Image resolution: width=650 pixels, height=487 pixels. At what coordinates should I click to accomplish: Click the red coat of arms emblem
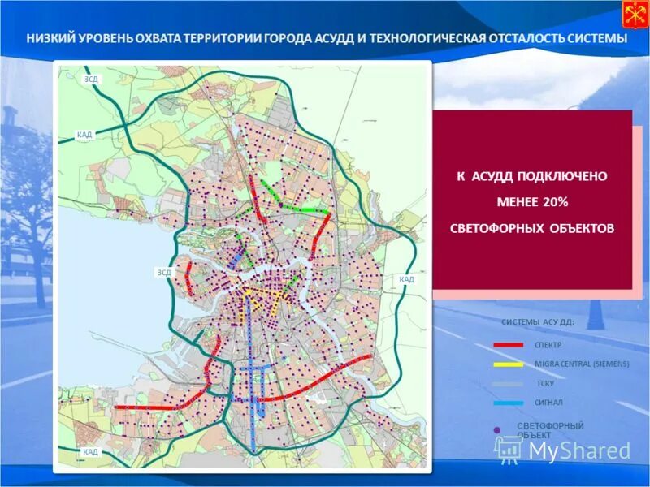pos(634,15)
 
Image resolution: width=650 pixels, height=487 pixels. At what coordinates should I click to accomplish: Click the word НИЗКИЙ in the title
pos(50,39)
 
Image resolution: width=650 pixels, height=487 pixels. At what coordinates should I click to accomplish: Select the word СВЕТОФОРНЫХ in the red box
pos(495,228)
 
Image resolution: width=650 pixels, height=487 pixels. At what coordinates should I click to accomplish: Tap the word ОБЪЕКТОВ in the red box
pos(578,228)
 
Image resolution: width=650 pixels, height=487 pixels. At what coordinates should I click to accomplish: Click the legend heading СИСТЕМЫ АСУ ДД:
pos(538,322)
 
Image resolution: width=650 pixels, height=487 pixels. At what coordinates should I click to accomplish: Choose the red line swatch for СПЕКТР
pos(508,345)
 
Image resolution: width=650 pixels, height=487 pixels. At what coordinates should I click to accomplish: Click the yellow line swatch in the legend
pos(508,364)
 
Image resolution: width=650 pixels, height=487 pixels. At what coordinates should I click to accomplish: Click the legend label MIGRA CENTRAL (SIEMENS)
pos(582,364)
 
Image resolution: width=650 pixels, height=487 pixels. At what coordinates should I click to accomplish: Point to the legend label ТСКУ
pos(545,383)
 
